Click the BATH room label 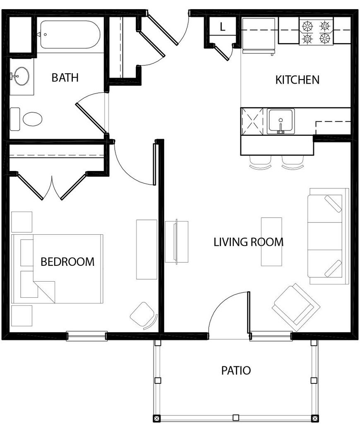tap(65, 77)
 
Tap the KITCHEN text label tap(297, 79)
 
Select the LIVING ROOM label tap(248, 242)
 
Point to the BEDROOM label tap(67, 262)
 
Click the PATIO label tap(235, 370)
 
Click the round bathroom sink tap(19, 77)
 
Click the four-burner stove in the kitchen tap(317, 33)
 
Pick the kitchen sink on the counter tap(281, 121)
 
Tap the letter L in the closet tap(222, 28)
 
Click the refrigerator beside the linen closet tap(259, 36)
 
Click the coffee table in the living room tap(271, 241)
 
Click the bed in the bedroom tap(58, 269)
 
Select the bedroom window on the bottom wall tap(87, 336)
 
